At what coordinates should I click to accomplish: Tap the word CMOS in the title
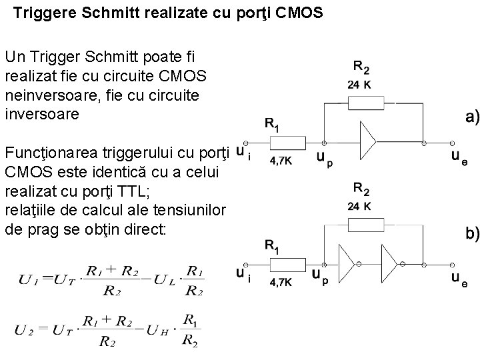pos(299,13)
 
